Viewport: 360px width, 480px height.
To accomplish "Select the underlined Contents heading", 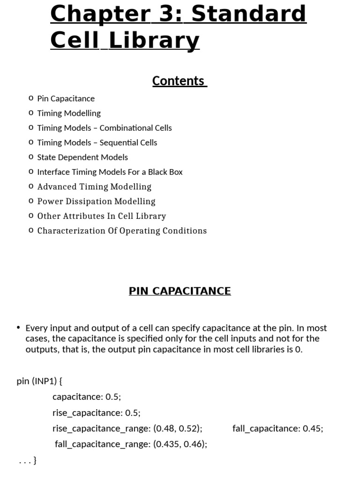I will click(179, 81).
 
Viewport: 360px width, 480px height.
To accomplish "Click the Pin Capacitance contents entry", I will click(66, 98).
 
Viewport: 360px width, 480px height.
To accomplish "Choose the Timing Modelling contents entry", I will click(69, 113).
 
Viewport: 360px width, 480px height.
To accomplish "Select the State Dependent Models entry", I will click(82, 157).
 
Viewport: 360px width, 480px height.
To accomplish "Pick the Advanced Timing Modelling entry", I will click(94, 187).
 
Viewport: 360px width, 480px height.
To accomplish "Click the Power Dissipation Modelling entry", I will click(96, 201).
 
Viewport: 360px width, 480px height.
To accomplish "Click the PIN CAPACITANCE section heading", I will click(180, 291).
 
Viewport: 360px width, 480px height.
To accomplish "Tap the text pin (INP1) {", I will click(39, 381).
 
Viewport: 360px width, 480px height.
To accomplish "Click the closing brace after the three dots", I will click(35, 460).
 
